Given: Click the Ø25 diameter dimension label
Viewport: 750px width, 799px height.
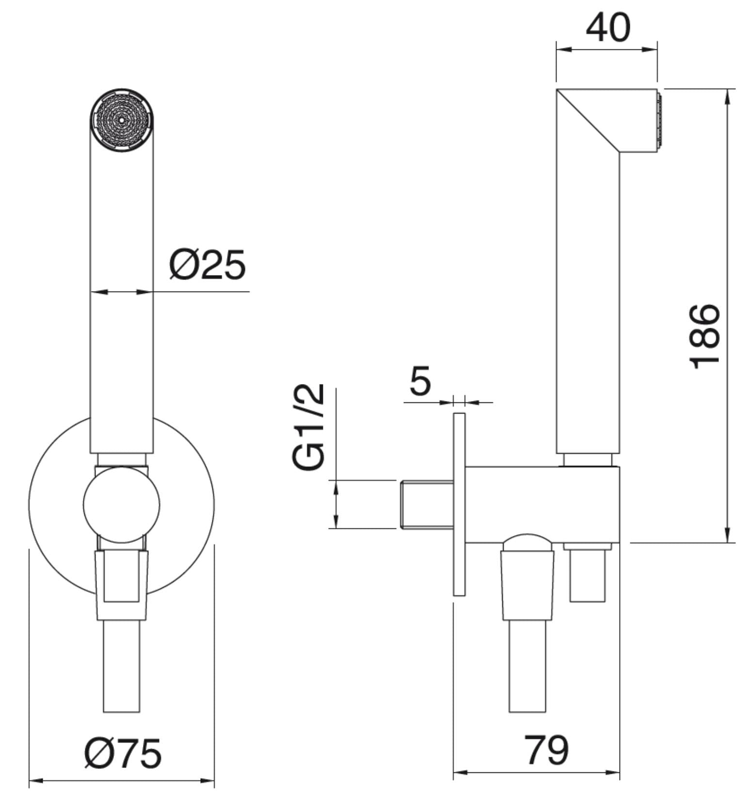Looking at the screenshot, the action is [x=207, y=265].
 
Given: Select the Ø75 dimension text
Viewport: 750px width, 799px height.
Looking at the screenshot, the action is [x=123, y=753].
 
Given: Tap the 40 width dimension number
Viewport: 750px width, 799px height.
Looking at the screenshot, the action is [x=608, y=28].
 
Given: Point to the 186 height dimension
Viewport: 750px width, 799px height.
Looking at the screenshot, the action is [x=704, y=336].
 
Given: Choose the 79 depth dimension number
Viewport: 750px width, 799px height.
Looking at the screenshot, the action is [x=546, y=750].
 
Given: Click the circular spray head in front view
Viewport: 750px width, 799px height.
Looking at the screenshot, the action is [x=122, y=121].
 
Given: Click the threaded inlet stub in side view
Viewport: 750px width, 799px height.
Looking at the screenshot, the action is [x=427, y=504].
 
